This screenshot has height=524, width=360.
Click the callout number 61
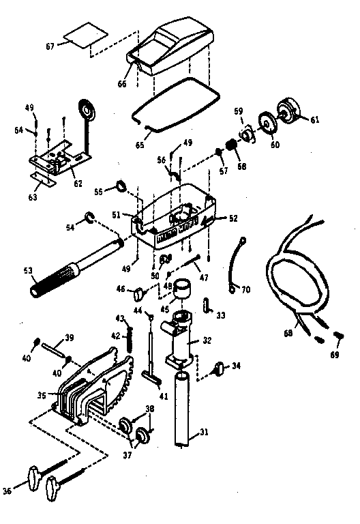[314, 120]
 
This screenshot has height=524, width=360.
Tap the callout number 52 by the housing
[233, 218]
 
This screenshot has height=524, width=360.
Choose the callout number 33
[220, 316]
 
